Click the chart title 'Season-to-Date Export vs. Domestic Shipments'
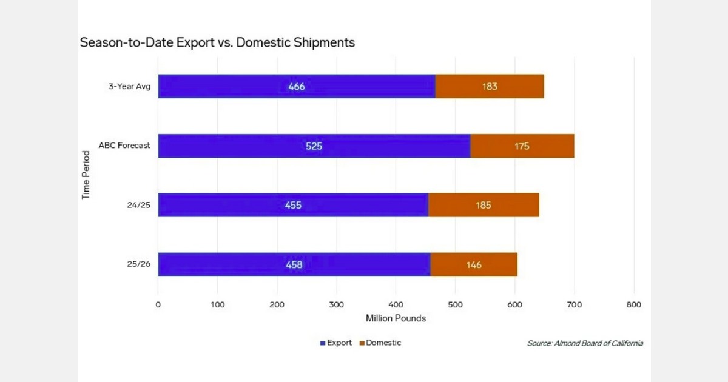(217, 43)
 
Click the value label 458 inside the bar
(294, 264)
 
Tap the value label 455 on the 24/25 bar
(293, 205)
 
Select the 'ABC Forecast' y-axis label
(124, 146)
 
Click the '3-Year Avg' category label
(129, 86)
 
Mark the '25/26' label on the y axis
(138, 264)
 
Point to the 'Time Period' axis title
(86, 175)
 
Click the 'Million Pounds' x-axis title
(396, 318)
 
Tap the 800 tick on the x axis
(634, 304)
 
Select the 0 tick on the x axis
(158, 304)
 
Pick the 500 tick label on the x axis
(456, 304)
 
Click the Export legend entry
(335, 343)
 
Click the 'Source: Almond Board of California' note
(585, 343)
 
